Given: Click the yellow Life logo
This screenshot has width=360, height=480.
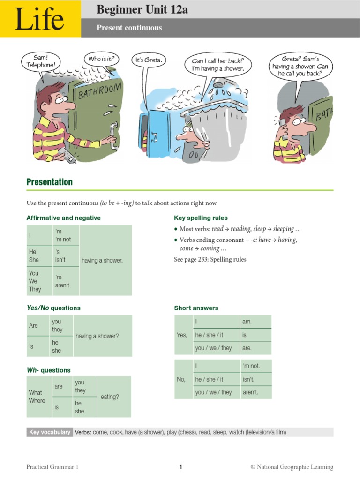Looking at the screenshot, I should pos(40,19).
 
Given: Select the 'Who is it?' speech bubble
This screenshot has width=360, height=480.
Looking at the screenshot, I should pos(101,59).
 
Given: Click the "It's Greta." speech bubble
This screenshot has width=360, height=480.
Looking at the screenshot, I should pos(149,60).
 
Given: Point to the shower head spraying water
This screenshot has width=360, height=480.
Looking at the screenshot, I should pos(218,84).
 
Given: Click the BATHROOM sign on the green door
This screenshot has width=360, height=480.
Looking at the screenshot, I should pos(99,90).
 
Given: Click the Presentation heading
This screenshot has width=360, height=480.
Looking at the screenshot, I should pos(50,182).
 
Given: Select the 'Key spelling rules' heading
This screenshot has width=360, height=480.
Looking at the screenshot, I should pos(201,218).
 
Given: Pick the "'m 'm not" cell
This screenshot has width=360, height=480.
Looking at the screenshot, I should pos(66,235).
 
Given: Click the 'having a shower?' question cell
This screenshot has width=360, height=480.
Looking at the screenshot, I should pos(102,336).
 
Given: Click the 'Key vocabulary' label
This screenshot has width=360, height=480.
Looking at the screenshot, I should pos(49,432).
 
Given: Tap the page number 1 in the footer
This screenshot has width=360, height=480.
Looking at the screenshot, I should pos(180,467).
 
